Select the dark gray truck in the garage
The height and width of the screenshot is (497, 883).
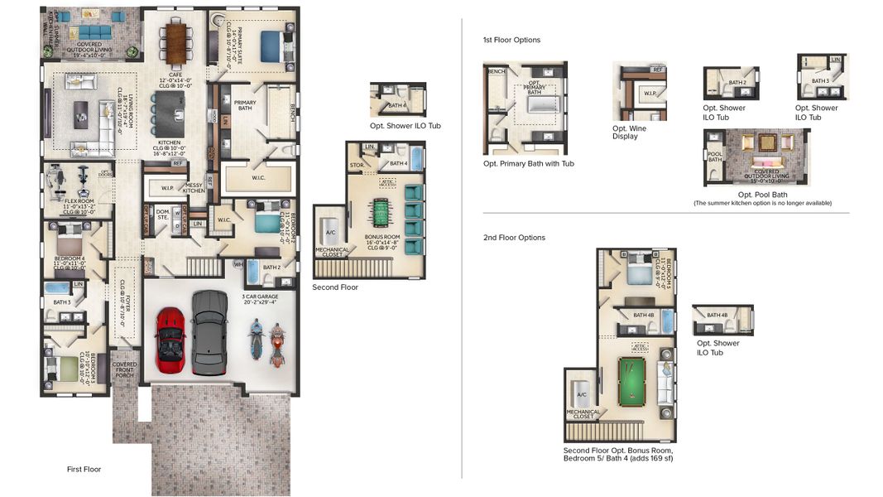click(x=209, y=331)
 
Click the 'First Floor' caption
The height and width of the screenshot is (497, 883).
click(x=84, y=470)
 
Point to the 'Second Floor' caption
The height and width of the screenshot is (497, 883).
click(x=335, y=287)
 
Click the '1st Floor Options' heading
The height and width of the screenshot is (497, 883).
click(x=511, y=40)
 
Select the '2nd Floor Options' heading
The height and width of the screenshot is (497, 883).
click(x=514, y=238)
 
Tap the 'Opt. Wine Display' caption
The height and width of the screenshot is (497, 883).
click(x=630, y=133)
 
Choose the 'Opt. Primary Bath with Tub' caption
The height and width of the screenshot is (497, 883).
click(x=528, y=163)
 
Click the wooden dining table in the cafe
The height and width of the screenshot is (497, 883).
click(x=176, y=43)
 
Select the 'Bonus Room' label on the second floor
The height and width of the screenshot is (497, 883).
click(x=382, y=236)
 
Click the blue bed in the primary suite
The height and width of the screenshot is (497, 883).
click(x=271, y=46)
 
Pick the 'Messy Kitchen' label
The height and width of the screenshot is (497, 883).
click(x=194, y=188)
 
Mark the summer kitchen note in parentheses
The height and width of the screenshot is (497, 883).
click(x=761, y=203)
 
